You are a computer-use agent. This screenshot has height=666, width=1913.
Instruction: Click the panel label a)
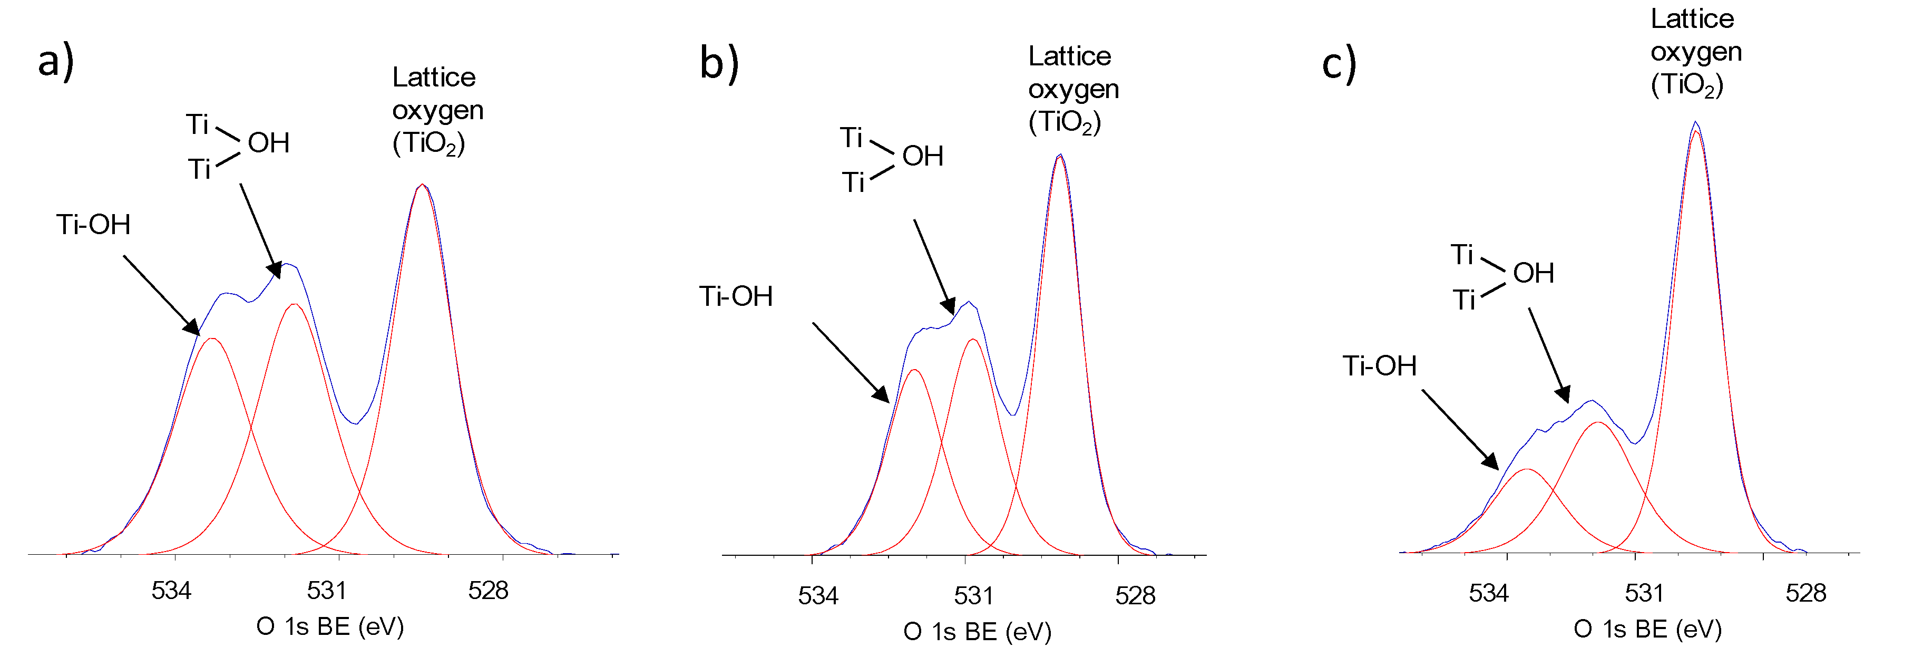56,61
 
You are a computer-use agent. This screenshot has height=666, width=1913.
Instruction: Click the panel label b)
719,62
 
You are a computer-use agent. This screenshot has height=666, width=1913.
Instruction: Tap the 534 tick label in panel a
172,591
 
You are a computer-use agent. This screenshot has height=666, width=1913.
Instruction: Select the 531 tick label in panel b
973,596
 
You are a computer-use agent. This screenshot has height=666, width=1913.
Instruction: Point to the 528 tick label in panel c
1805,593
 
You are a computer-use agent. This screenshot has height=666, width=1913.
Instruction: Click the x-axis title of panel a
330,626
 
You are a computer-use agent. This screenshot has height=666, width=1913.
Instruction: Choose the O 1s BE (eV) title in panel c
1647,630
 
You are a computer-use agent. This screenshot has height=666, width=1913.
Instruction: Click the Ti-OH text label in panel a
94,225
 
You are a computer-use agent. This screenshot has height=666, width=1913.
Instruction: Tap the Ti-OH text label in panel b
736,296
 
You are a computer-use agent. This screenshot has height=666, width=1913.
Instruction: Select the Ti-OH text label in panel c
1379,366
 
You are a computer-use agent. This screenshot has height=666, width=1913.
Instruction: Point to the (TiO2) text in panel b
1064,122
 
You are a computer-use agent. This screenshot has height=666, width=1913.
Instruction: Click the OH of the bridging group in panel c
1533,273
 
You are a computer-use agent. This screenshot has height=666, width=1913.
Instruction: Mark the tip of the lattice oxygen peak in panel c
1695,123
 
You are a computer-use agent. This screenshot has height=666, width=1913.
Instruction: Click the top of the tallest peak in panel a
422,185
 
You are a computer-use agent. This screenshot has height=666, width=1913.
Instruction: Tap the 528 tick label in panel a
488,591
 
